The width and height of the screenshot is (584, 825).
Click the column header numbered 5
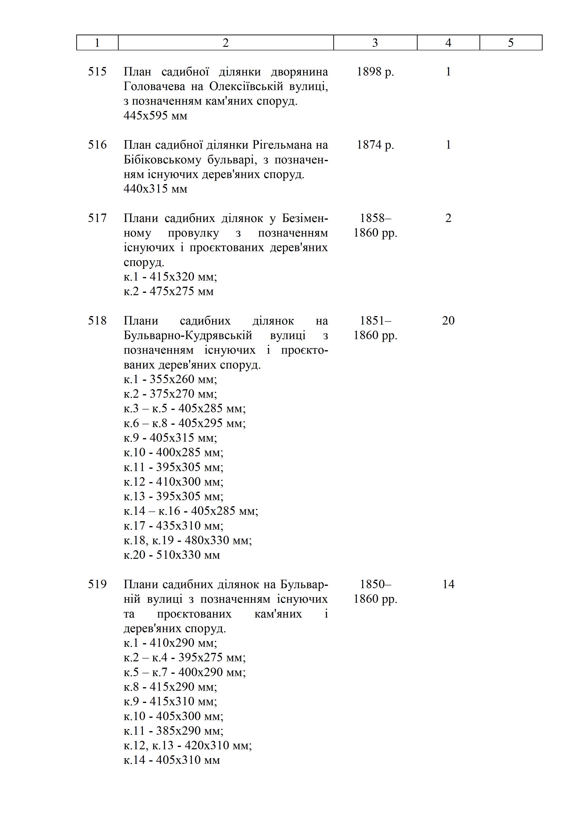coord(511,43)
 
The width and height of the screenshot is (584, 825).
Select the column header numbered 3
coord(375,43)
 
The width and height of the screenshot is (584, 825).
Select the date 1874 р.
coord(375,145)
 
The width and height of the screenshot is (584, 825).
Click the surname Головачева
coord(154,86)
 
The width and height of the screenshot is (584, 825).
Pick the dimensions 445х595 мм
coord(155,116)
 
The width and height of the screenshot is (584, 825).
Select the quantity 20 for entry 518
coord(448,321)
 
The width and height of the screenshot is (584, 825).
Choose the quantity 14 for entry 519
coord(448,584)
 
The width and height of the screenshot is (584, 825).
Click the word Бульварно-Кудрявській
coord(188,335)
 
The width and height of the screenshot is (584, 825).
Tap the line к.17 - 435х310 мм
coord(173,526)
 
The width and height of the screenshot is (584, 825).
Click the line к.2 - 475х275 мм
coord(168,291)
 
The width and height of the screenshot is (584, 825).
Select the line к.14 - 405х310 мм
coord(172,760)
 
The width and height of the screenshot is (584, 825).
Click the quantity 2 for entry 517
coord(448,218)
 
